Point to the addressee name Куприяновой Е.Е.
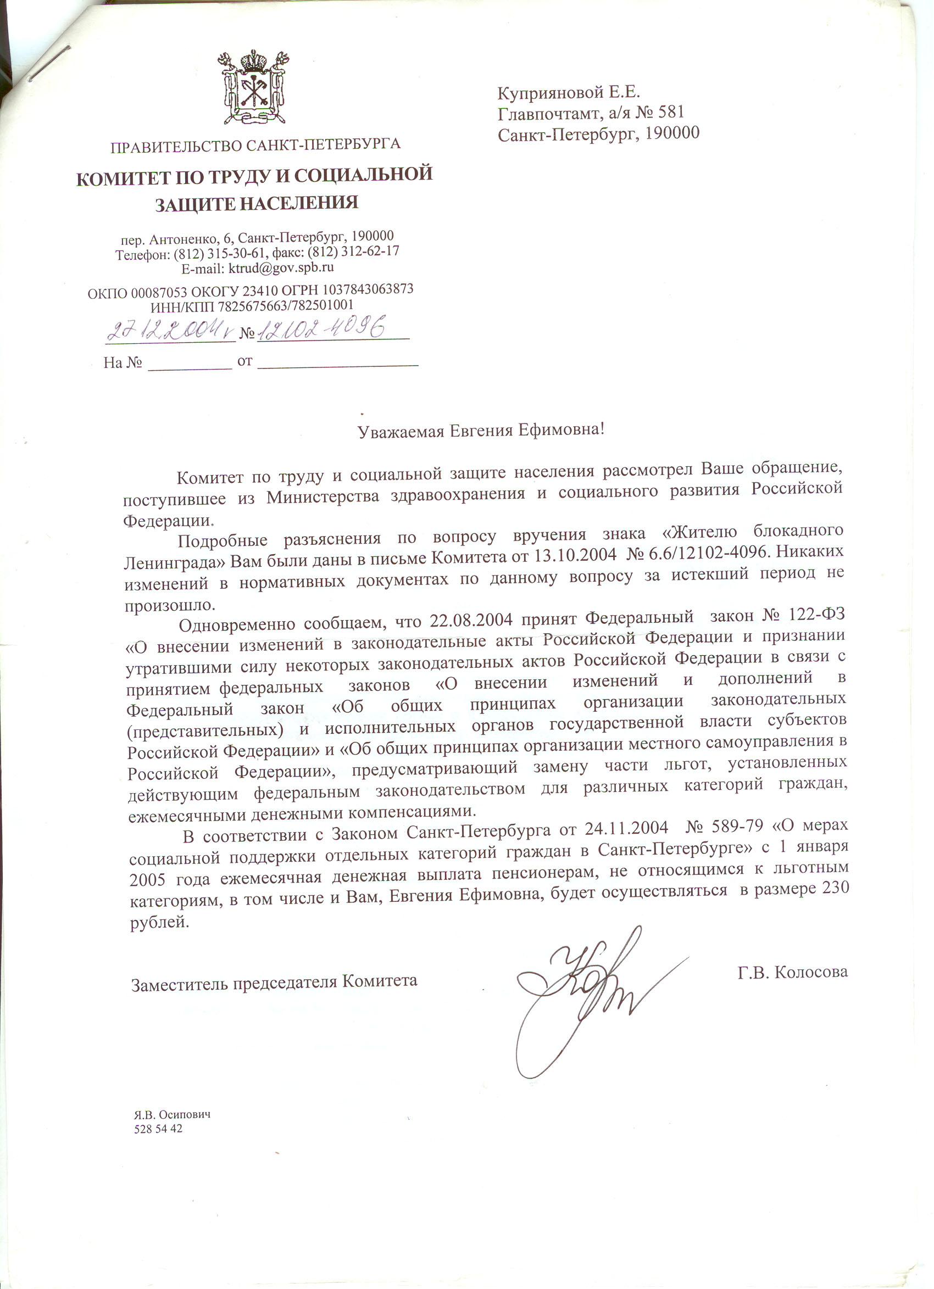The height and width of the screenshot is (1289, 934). [x=569, y=92]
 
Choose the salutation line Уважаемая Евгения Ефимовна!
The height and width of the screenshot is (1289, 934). [x=481, y=430]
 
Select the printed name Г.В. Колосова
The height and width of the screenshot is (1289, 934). [x=792, y=972]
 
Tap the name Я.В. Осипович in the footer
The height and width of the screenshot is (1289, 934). [x=173, y=1115]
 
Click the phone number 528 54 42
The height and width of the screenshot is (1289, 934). [x=158, y=1129]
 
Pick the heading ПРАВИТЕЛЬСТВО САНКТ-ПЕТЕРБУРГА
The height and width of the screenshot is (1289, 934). [x=255, y=145]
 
